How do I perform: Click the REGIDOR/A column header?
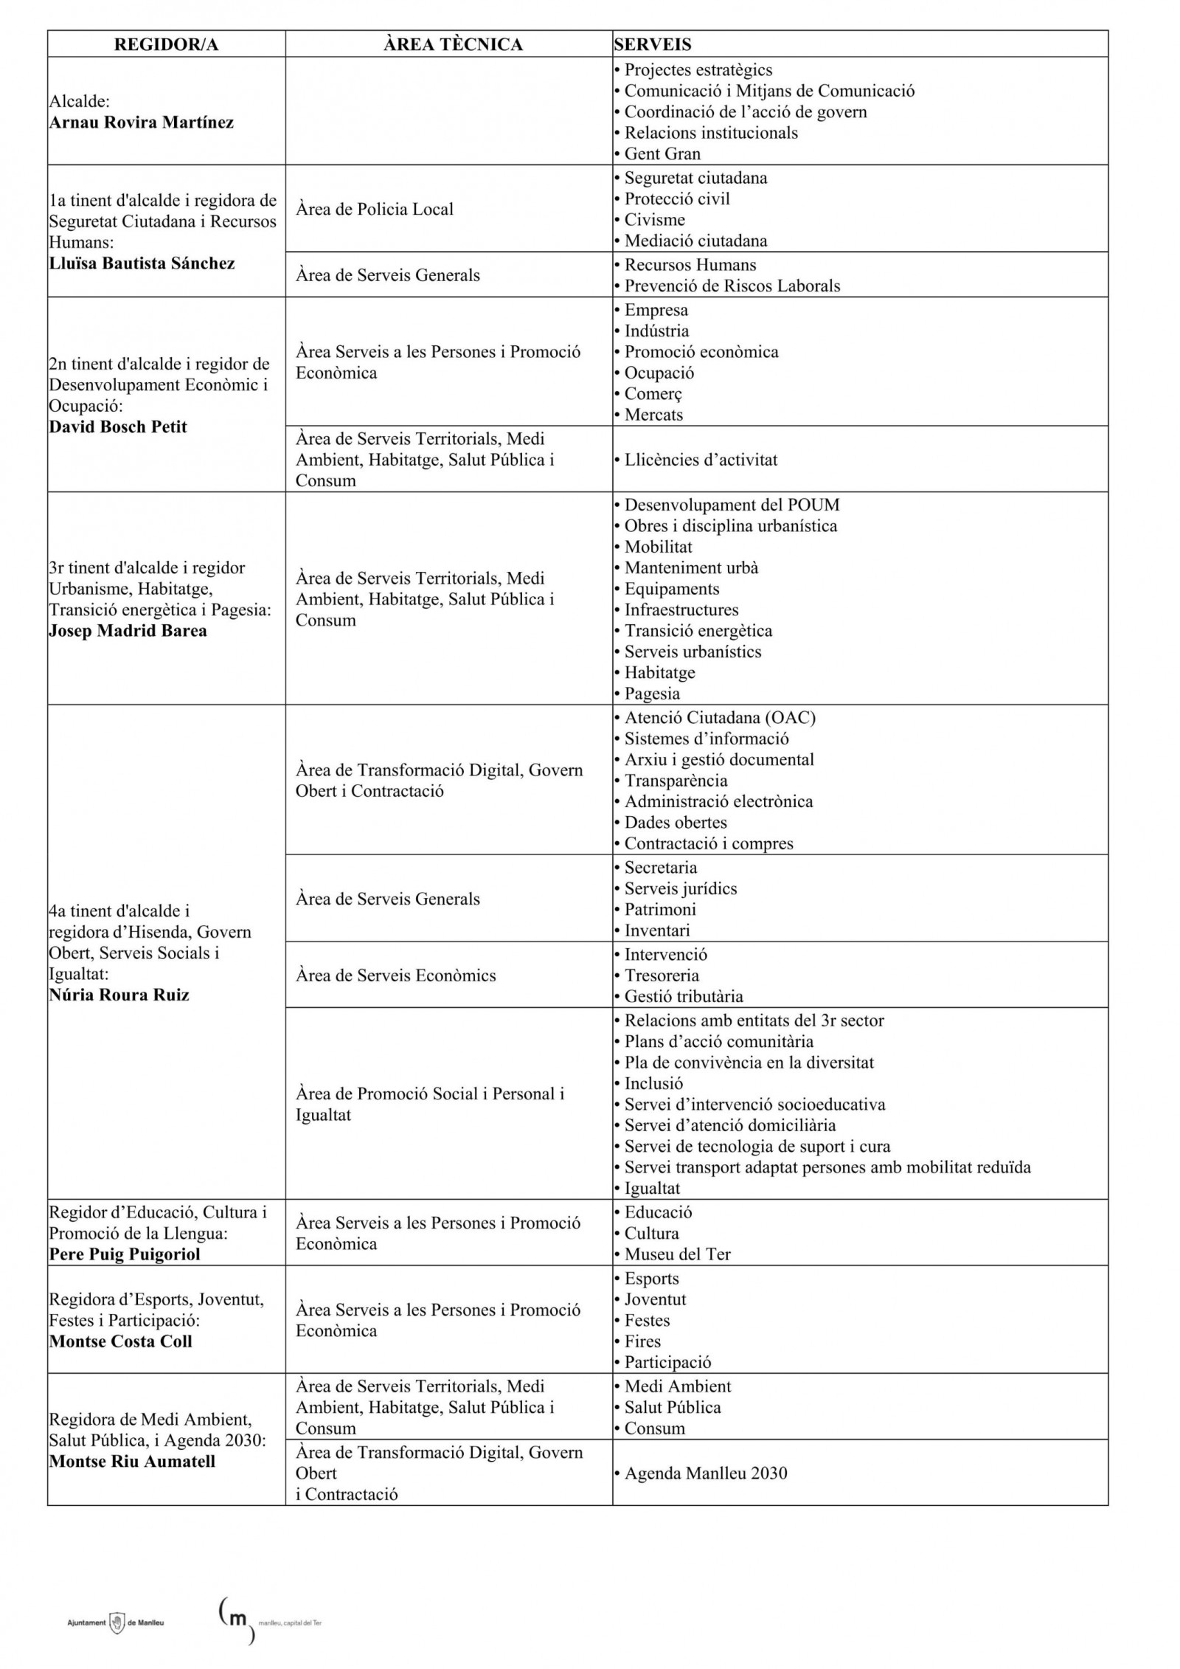click(x=166, y=44)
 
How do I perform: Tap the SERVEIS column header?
click(x=652, y=44)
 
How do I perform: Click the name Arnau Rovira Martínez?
click(x=141, y=122)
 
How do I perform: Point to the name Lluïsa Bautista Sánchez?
click(x=142, y=263)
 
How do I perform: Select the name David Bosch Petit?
click(x=118, y=427)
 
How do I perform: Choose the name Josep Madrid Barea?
click(x=128, y=631)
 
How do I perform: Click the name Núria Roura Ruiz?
click(x=119, y=995)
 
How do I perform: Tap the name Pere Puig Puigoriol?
click(x=125, y=1254)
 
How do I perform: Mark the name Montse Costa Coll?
click(x=120, y=1341)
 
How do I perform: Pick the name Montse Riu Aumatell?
click(x=132, y=1462)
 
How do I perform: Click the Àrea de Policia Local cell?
click(x=375, y=210)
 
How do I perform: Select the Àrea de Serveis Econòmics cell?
click(x=395, y=975)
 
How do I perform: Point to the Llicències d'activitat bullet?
click(x=701, y=460)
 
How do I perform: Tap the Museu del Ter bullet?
click(x=677, y=1254)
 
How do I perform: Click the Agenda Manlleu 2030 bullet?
click(x=705, y=1473)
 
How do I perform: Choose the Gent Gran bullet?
click(x=662, y=154)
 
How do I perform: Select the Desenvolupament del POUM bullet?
click(x=732, y=505)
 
